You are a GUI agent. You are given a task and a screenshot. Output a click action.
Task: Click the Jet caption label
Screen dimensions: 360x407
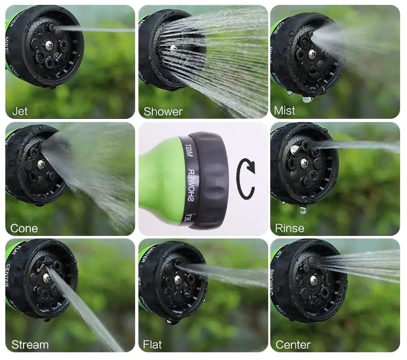(20, 111)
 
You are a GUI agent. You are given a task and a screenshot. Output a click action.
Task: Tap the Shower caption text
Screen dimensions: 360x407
(163, 111)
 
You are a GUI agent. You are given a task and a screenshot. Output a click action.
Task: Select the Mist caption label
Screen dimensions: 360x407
(284, 110)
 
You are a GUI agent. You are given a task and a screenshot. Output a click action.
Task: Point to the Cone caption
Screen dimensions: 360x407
(24, 228)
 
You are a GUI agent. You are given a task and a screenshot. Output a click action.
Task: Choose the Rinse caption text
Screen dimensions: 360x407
(289, 228)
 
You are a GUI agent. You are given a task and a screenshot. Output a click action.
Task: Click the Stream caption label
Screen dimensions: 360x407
(30, 345)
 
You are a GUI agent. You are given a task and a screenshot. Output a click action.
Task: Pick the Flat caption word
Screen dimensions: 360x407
(152, 345)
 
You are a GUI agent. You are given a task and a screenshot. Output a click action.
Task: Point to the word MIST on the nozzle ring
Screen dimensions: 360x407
(188, 151)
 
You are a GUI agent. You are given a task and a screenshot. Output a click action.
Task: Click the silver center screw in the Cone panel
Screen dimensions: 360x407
(42, 164)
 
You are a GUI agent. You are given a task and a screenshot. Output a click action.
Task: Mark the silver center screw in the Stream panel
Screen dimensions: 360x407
(46, 278)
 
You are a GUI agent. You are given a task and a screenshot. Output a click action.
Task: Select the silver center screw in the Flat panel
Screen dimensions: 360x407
(178, 279)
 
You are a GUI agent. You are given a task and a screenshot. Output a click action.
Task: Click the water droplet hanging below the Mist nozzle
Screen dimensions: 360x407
(306, 99)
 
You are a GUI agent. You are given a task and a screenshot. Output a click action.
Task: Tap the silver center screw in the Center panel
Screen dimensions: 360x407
(314, 279)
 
